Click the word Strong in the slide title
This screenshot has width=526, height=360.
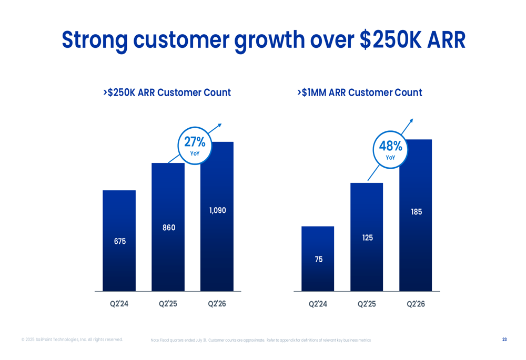coord(95,40)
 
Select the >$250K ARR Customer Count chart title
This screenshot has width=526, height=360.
coord(167,93)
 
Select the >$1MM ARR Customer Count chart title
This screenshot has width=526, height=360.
coord(360,93)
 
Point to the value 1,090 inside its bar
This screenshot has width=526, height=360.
coord(217,211)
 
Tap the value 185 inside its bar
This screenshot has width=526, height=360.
coord(416,212)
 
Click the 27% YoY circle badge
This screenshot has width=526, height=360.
coord(195,146)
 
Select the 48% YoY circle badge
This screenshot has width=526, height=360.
coord(390,150)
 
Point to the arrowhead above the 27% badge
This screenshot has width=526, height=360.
coord(219,125)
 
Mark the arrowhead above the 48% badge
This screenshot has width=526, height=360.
coord(411,121)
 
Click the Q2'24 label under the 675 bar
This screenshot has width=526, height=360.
coord(119,304)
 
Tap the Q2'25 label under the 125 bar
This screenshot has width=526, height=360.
coord(367,304)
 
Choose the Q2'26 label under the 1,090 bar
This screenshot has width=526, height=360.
coord(217,304)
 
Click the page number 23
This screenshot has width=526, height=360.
coord(504,340)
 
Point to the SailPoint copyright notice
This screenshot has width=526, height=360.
coord(72,340)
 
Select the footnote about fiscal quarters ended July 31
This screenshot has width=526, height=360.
coord(260,341)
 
